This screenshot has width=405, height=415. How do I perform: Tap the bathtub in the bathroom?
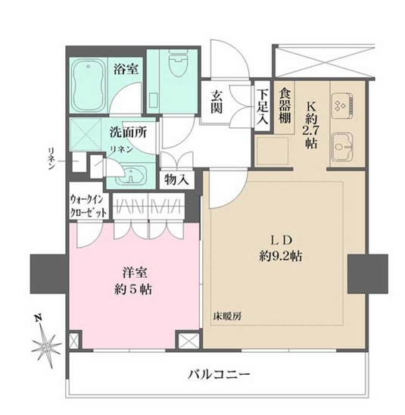click(91, 85)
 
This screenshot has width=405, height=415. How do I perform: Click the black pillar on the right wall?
click(367, 275)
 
